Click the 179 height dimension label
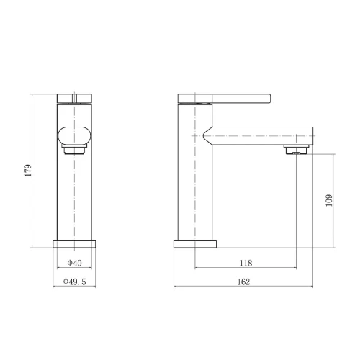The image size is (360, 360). tap(28, 171)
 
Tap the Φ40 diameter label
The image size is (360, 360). tap(74, 263)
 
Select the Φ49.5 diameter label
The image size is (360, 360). tap(74, 282)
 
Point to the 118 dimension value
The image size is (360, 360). tap(246, 263)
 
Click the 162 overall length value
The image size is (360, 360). tap(243, 282)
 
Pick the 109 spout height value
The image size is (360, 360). tap(329, 200)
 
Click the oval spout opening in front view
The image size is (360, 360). tap(74, 135)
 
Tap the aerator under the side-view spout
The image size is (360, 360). tap(296, 149)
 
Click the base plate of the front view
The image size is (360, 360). tap(74, 244)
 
